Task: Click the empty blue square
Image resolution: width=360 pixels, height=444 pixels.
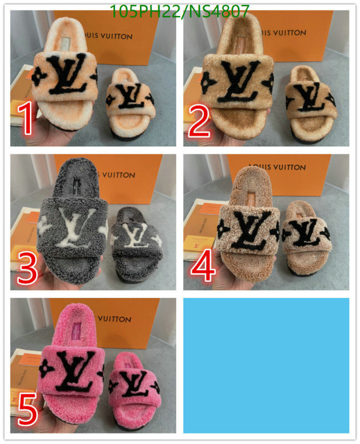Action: [x=266, y=365]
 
